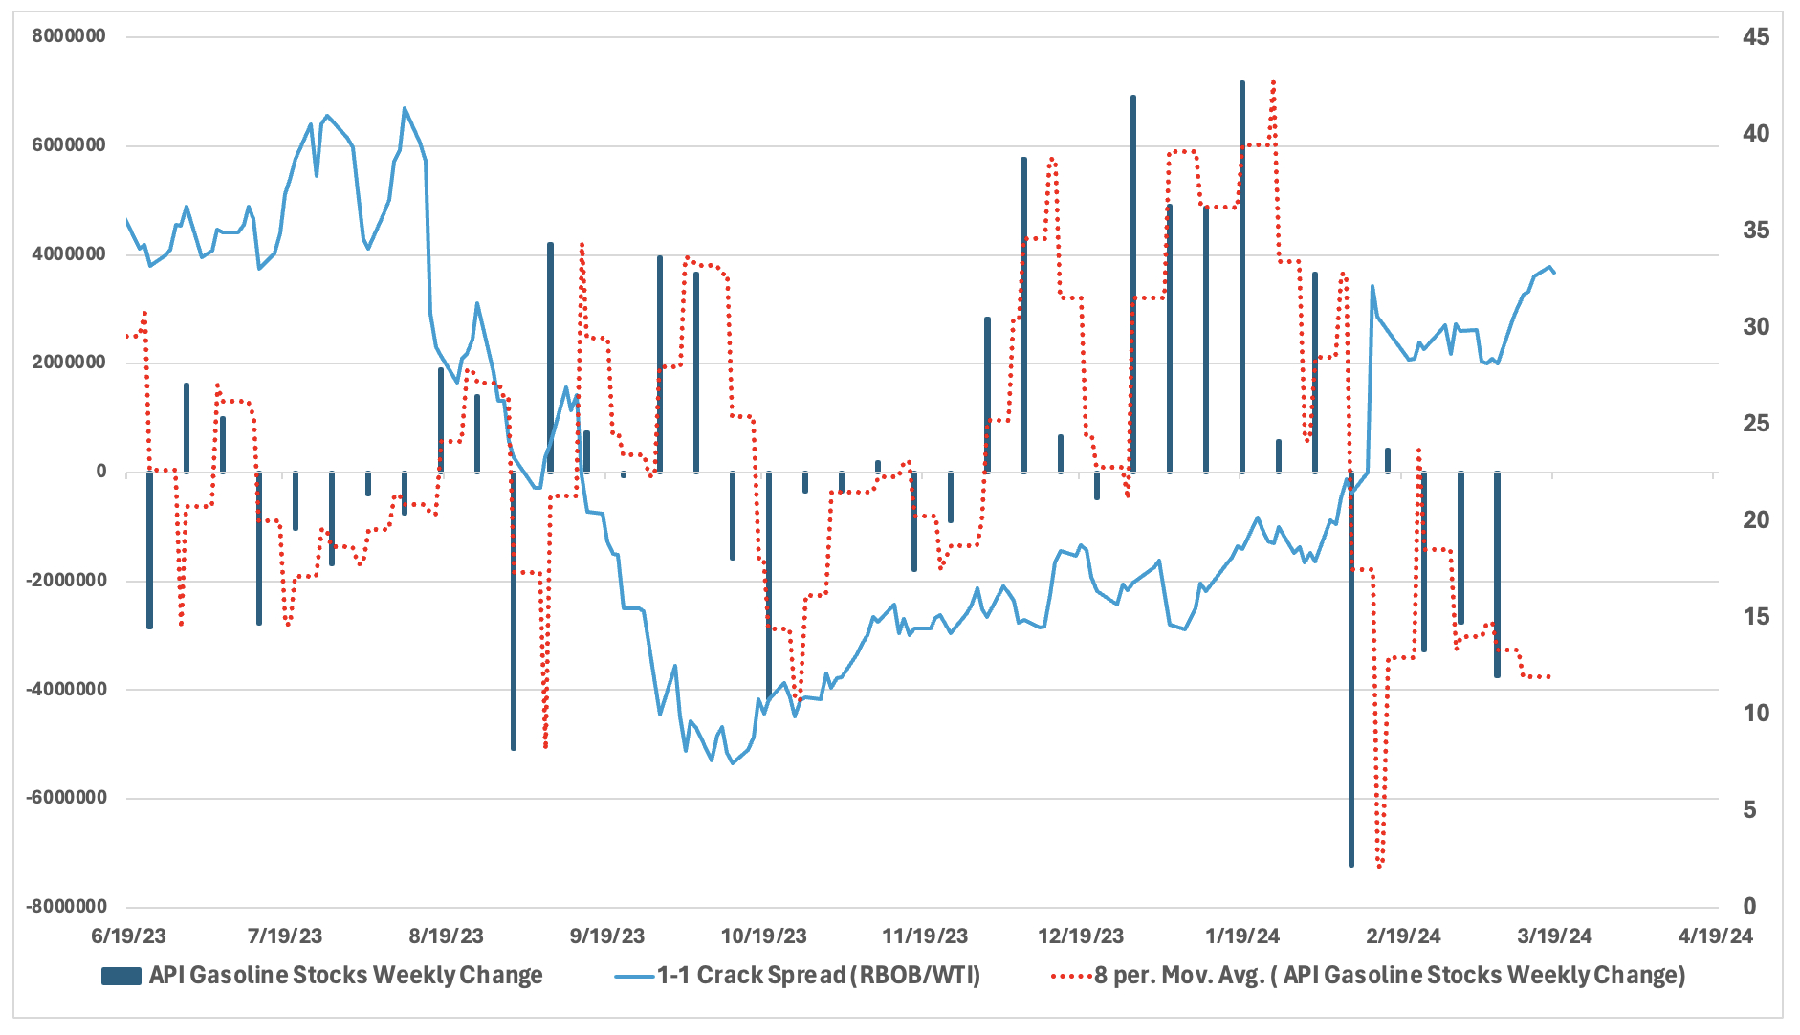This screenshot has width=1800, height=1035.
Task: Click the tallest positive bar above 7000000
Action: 1242,277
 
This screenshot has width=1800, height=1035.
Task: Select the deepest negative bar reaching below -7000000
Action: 1351,670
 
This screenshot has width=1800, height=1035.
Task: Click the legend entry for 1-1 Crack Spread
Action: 818,976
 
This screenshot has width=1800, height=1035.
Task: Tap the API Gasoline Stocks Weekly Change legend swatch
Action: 121,976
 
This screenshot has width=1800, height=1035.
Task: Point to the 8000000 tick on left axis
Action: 68,36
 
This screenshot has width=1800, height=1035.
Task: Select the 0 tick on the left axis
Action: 100,472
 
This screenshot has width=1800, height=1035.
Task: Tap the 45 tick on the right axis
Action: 1755,37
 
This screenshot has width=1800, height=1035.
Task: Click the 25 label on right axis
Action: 1755,424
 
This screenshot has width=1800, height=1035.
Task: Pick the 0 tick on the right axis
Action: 1749,906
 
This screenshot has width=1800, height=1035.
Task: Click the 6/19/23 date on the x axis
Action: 128,936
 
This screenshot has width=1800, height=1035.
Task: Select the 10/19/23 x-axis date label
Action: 763,936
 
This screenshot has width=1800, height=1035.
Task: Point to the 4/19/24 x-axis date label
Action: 1716,936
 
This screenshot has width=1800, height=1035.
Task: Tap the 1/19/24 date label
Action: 1242,936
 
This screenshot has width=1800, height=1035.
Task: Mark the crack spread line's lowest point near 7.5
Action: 733,762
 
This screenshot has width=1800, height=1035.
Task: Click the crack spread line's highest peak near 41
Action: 405,108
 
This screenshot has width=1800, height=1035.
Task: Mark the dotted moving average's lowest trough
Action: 1379,867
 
